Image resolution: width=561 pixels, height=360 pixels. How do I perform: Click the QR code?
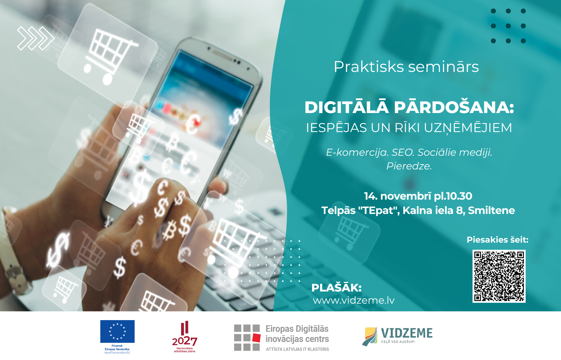[499, 276]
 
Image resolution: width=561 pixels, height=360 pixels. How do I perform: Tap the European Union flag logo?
[117, 332]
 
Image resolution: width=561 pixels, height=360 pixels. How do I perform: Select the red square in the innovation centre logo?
[256, 338]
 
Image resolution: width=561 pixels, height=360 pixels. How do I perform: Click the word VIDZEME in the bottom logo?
[407, 333]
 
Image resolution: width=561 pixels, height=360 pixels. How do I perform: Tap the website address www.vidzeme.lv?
[354, 300]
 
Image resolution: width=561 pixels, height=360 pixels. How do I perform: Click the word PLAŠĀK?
[336, 288]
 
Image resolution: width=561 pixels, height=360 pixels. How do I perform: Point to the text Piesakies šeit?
[497, 240]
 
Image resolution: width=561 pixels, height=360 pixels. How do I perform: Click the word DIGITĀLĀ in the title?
[347, 107]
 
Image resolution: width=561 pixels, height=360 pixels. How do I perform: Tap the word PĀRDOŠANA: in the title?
[454, 107]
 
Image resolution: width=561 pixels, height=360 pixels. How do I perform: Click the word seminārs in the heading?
[443, 67]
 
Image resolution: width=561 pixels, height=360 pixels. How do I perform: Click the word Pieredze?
[409, 166]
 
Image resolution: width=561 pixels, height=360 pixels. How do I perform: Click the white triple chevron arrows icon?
[36, 38]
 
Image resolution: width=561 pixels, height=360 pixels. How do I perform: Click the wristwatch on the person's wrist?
[14, 255]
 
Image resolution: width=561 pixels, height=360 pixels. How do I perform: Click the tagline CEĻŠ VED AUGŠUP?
[398, 342]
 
